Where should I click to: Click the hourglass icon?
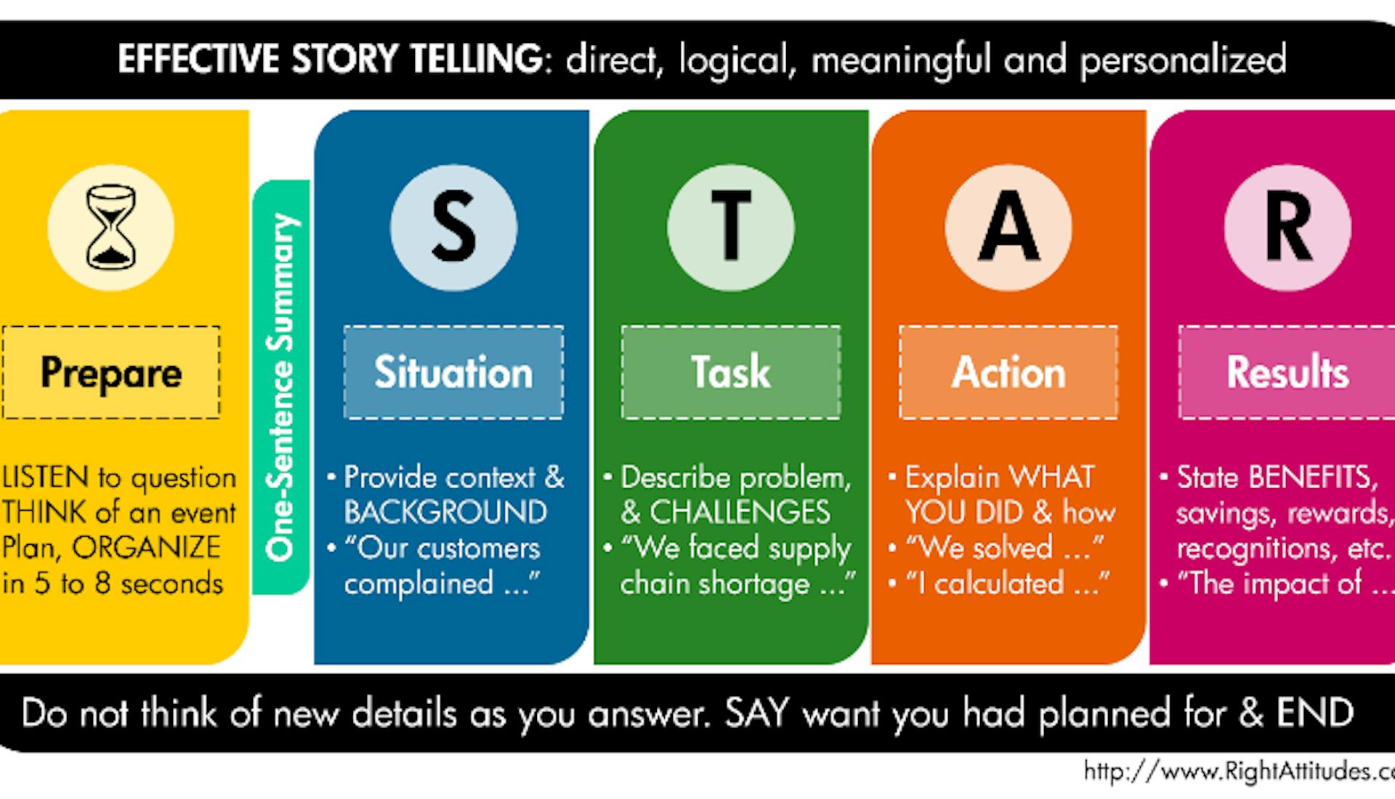(x=111, y=227)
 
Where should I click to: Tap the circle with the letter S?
(x=454, y=227)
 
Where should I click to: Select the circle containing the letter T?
(x=731, y=227)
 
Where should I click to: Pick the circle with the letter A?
(x=1008, y=227)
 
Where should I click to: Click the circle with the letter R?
(x=1287, y=227)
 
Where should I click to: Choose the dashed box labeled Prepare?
(x=111, y=372)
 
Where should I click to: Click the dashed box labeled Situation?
(x=453, y=372)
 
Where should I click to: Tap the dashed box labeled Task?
(x=731, y=372)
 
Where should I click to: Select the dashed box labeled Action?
(x=1008, y=372)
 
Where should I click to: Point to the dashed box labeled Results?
(x=1287, y=372)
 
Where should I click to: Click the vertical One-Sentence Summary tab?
(x=281, y=387)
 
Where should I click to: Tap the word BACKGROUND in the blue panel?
(x=445, y=512)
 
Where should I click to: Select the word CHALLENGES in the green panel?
(x=740, y=512)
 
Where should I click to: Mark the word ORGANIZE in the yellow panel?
(x=146, y=548)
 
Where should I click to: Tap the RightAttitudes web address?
(x=1239, y=771)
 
